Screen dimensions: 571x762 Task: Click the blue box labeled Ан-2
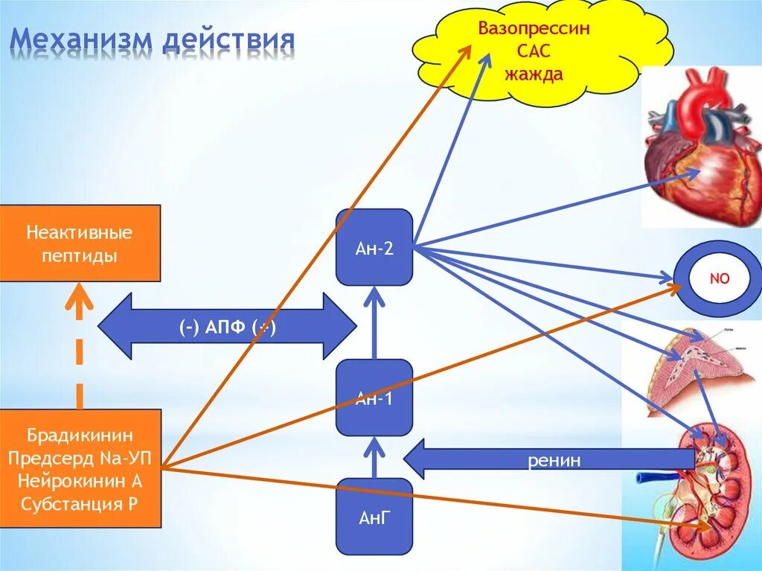(374, 248)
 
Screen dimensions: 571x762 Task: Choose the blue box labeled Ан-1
(374, 398)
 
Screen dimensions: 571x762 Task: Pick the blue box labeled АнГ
(374, 517)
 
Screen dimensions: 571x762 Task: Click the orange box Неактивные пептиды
(80, 243)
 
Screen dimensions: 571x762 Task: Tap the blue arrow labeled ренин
(521, 459)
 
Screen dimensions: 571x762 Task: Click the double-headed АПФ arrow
(227, 326)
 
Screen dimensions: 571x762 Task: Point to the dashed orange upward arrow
(80, 350)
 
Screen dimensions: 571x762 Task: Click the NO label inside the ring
(719, 279)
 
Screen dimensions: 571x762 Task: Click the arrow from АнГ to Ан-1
(374, 457)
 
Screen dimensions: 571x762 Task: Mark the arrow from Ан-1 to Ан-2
(374, 324)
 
